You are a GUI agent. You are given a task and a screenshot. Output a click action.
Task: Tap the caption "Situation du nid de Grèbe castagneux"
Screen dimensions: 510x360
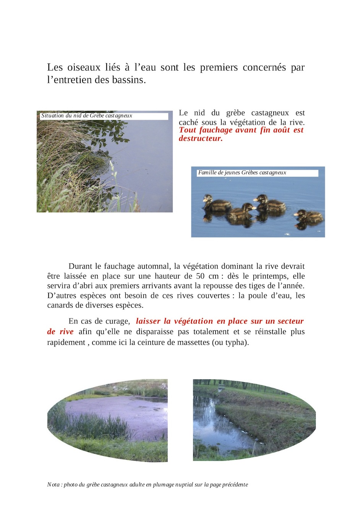point(87,115)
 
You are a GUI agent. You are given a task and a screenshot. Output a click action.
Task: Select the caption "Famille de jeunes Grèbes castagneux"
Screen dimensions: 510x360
point(242,172)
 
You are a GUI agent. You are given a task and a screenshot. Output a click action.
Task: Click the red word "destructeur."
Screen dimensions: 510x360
point(201,138)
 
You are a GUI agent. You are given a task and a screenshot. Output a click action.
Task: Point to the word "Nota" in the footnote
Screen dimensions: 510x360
point(53,485)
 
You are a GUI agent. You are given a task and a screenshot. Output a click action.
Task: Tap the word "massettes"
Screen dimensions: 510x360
point(191,342)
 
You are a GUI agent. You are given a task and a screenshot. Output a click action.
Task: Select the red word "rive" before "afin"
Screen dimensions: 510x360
point(66,331)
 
